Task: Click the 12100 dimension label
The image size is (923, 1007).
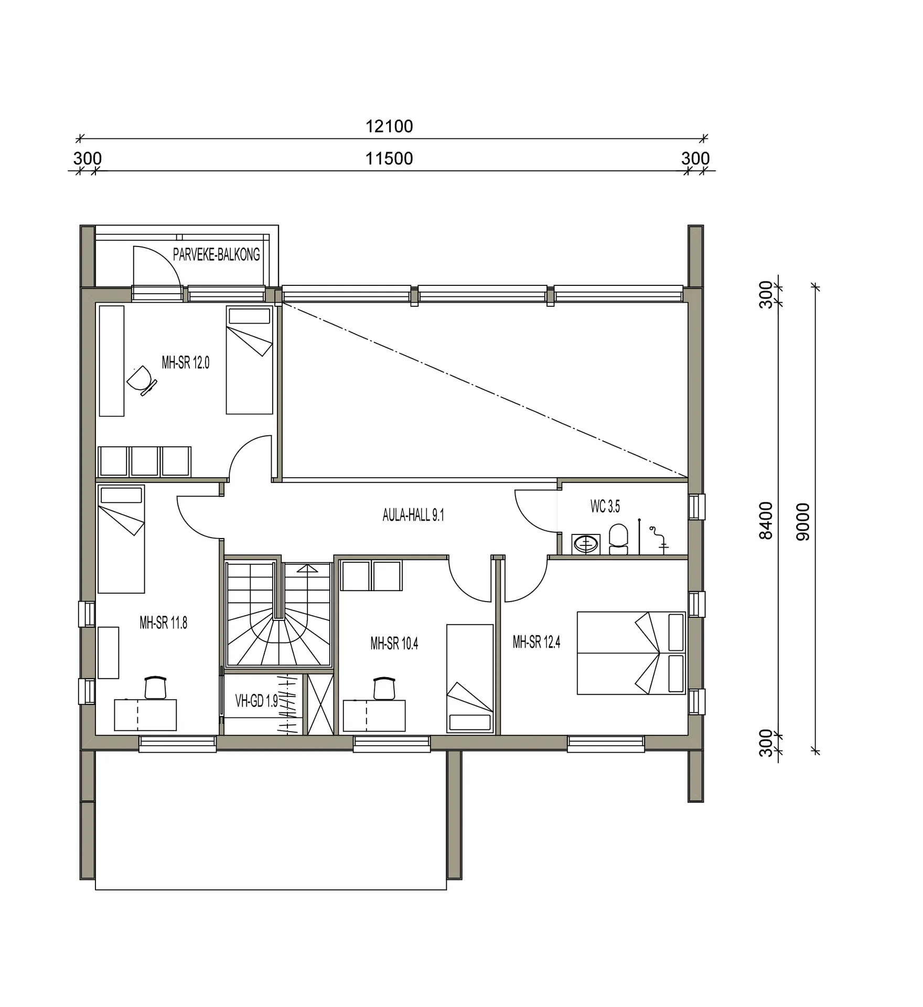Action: (x=389, y=126)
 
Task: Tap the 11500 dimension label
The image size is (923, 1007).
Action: (x=389, y=158)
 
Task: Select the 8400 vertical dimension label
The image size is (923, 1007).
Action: (x=766, y=520)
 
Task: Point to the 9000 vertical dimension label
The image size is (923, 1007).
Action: (x=803, y=521)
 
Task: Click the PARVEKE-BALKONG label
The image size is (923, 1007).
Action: (x=216, y=255)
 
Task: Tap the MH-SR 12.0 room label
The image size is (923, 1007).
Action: (x=185, y=362)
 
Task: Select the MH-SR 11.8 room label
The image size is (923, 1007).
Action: (x=163, y=623)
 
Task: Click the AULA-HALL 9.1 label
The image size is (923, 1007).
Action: (x=413, y=515)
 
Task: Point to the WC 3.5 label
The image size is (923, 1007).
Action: (x=605, y=506)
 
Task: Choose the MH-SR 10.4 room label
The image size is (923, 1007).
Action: (x=394, y=644)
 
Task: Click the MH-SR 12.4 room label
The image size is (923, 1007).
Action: (x=536, y=642)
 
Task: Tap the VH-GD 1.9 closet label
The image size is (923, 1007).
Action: (x=256, y=701)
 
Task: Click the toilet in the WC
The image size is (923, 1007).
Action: (x=618, y=539)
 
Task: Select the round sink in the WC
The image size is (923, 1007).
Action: (x=586, y=544)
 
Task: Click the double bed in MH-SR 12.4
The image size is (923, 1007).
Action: (x=631, y=653)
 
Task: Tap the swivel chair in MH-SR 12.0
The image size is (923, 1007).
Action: (x=142, y=380)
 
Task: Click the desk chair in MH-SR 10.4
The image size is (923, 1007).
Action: (x=384, y=688)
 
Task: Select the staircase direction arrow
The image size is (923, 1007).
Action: (x=307, y=569)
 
